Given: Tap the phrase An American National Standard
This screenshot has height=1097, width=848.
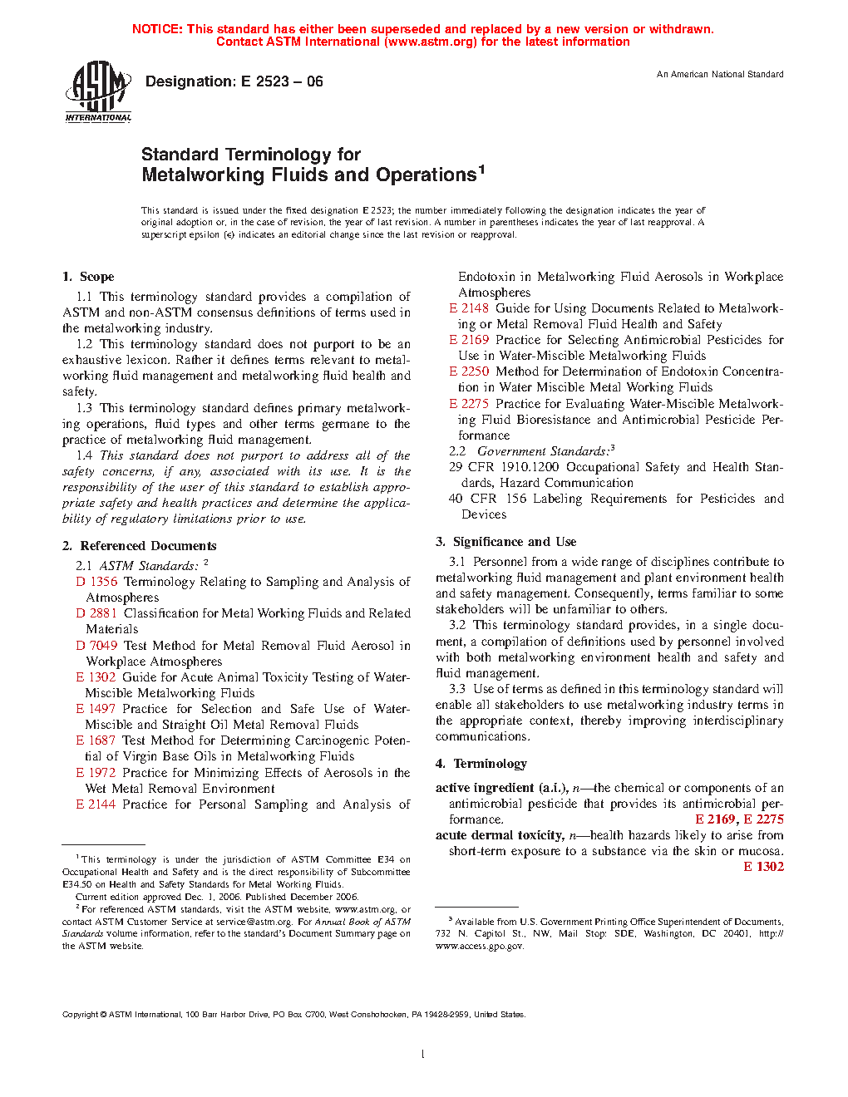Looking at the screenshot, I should (719, 75).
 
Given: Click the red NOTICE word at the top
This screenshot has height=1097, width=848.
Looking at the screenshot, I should (156, 29).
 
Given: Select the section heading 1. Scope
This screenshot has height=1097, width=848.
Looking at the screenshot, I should (88, 277).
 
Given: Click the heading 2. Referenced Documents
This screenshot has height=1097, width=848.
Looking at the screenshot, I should (140, 546).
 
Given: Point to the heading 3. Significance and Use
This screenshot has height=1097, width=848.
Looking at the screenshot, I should (505, 542).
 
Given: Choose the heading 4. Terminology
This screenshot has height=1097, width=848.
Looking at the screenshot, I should (481, 764).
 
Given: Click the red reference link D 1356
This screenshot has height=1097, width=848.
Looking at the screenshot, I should (96, 582).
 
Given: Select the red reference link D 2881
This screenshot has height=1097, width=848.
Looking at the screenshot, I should (96, 613).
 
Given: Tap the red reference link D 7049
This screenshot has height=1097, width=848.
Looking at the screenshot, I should (96, 646).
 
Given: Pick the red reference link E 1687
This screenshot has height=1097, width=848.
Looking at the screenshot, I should (96, 740).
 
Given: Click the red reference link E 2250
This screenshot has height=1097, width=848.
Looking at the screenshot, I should (469, 371).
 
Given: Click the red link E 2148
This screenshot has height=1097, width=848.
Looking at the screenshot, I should (469, 308).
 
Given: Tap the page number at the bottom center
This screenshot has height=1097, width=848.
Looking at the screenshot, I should (423, 1055).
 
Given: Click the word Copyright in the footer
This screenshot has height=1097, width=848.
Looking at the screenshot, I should (81, 1015).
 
